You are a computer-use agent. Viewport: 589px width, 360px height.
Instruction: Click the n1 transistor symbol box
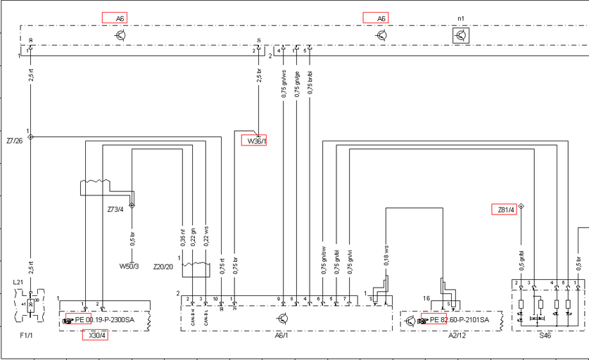coord(461,35)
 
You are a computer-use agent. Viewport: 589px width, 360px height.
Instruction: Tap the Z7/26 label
coord(14,141)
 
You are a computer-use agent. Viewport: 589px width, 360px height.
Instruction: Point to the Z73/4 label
coord(115,209)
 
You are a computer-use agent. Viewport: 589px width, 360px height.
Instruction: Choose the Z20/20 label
coord(163,266)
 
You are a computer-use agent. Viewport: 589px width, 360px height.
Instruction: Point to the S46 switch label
coord(546,335)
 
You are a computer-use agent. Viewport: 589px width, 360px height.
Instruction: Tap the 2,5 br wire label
coord(258,80)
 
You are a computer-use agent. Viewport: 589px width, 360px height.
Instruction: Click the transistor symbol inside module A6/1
coord(282,319)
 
